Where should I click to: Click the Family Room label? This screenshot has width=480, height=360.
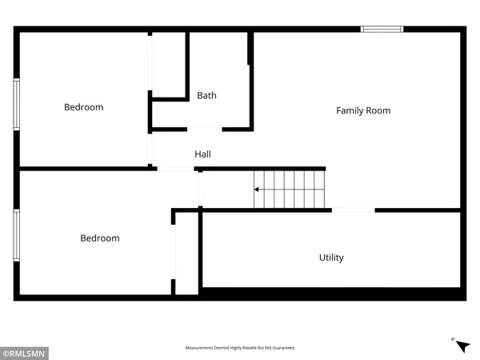pos(363,110)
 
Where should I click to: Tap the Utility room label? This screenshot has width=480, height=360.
pos(331,258)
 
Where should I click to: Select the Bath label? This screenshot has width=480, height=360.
pos(206,96)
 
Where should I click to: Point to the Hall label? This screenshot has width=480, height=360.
pos(203,154)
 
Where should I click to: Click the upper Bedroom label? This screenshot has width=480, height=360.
pos(84,107)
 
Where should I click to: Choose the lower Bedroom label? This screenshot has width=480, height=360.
pos(100,238)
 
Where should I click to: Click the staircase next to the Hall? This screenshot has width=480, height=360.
pos(290,190)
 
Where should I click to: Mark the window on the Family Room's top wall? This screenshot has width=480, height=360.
pos(382,30)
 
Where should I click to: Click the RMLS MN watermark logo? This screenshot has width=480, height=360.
pos(26,351)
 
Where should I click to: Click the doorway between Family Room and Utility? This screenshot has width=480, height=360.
pos(353,210)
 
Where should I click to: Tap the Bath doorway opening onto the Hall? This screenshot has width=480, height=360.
pos(205,128)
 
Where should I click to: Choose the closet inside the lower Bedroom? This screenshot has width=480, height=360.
pos(186,252)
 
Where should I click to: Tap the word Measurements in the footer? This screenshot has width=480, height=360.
pos(202,348)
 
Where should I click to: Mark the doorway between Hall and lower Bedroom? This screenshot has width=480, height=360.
pos(175,169)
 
